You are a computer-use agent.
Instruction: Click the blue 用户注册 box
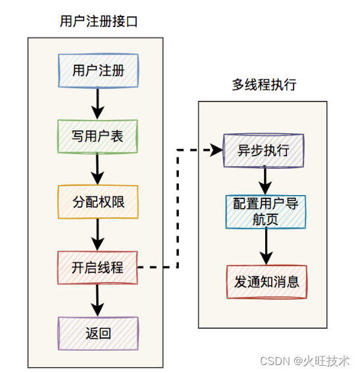coord(98,71)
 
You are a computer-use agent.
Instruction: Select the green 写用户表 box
coord(98,136)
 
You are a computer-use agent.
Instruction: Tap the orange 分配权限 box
coord(98,202)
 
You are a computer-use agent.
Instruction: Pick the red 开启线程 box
coord(98,268)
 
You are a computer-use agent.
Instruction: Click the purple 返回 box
coord(98,333)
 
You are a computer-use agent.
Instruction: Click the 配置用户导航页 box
coord(265,212)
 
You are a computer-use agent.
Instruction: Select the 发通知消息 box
coord(267,282)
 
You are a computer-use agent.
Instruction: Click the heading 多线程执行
coord(264,85)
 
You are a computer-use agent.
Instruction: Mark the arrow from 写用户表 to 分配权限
coord(98,169)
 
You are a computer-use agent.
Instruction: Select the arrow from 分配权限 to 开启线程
coord(98,235)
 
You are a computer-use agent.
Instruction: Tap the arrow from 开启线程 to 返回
coord(98,301)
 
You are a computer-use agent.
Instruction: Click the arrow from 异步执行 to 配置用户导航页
coord(265,180)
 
